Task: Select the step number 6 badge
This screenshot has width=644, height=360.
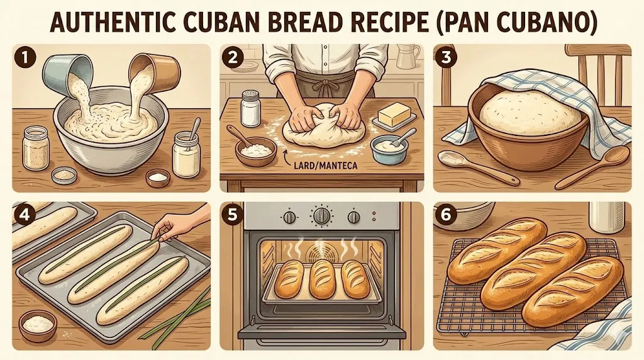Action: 446,215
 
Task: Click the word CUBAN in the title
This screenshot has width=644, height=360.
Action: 216,23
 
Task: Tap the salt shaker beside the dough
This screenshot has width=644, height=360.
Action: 251,108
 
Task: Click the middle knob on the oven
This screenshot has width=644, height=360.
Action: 322,216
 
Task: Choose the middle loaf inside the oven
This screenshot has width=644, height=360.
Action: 323,278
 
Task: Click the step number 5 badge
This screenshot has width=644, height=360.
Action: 233,215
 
